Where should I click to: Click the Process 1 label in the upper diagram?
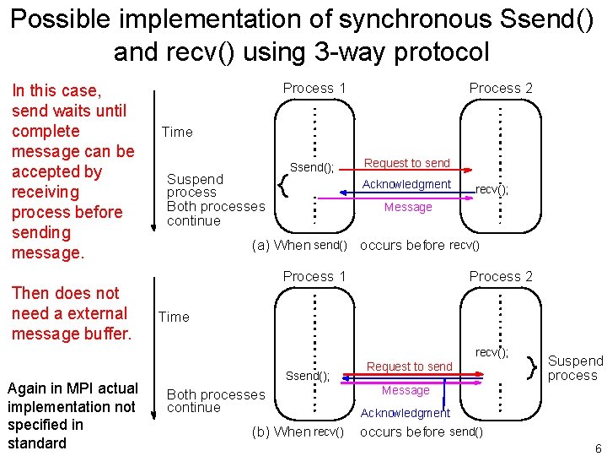coord(314,88)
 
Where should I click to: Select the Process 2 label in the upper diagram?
coord(501,88)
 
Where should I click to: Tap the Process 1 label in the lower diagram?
coord(314,276)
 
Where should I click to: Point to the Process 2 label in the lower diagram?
coord(501,276)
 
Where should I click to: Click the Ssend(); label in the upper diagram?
coord(312,167)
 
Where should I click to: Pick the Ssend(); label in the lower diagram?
coord(308,376)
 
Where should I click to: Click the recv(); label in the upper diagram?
coord(492,190)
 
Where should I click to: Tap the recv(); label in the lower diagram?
coord(492,352)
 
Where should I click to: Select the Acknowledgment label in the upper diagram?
coord(406,184)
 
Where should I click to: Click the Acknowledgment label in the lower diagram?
coord(406,413)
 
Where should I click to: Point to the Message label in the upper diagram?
coord(408,207)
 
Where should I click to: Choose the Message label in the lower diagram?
coord(406,390)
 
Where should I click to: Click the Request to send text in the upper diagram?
coord(407,163)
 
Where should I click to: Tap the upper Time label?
coord(177,132)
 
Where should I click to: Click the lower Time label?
coord(174,317)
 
